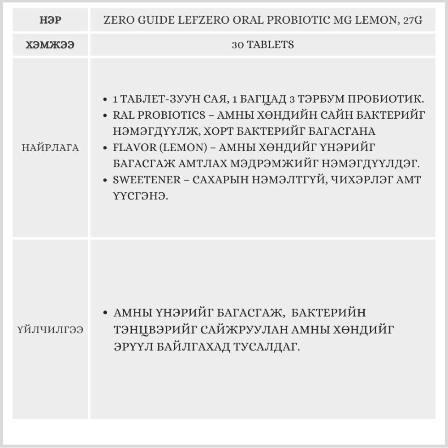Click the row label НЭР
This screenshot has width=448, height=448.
click(x=50, y=20)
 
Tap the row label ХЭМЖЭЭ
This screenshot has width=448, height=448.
click(x=50, y=45)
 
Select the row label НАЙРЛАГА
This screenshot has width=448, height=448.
click(x=50, y=148)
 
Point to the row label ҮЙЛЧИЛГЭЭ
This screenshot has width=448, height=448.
click(x=50, y=329)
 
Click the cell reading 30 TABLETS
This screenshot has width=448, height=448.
click(x=263, y=45)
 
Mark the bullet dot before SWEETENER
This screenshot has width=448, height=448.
click(x=104, y=180)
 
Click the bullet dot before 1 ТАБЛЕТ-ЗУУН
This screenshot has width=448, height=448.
click(x=104, y=99)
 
